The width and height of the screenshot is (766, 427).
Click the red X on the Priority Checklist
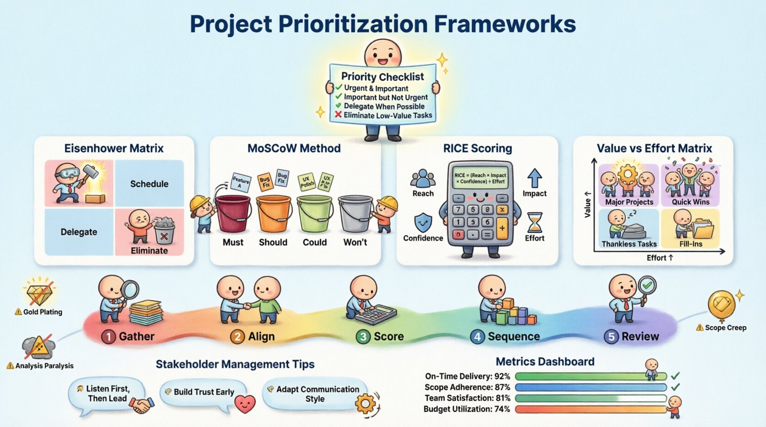pos(338,115)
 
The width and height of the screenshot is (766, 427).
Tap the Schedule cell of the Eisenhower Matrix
pos(149,184)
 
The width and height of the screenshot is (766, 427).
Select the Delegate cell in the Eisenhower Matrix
pos(79,232)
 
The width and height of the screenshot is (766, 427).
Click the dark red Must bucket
pos(233,213)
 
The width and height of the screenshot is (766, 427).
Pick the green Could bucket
pos(315,213)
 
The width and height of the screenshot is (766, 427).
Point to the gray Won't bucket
pos(355,213)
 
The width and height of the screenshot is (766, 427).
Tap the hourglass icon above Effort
pos(534,222)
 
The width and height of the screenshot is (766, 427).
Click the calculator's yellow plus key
pos(502,228)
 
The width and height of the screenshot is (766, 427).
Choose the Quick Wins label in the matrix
pos(691,202)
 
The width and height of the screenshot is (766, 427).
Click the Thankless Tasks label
pos(629,244)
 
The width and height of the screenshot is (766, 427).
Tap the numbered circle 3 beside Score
pos(363,337)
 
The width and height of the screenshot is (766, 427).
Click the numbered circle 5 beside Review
pos(611,337)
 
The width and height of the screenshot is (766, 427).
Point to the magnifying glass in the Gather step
pos(129,290)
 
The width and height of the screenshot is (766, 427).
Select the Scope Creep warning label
pos(721,328)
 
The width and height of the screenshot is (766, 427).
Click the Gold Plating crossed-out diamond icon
pos(40,293)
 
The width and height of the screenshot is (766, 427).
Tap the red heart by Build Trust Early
pos(245,403)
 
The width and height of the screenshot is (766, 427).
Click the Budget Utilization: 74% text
pos(466,409)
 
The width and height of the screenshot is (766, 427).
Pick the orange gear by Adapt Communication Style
pos(366,404)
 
